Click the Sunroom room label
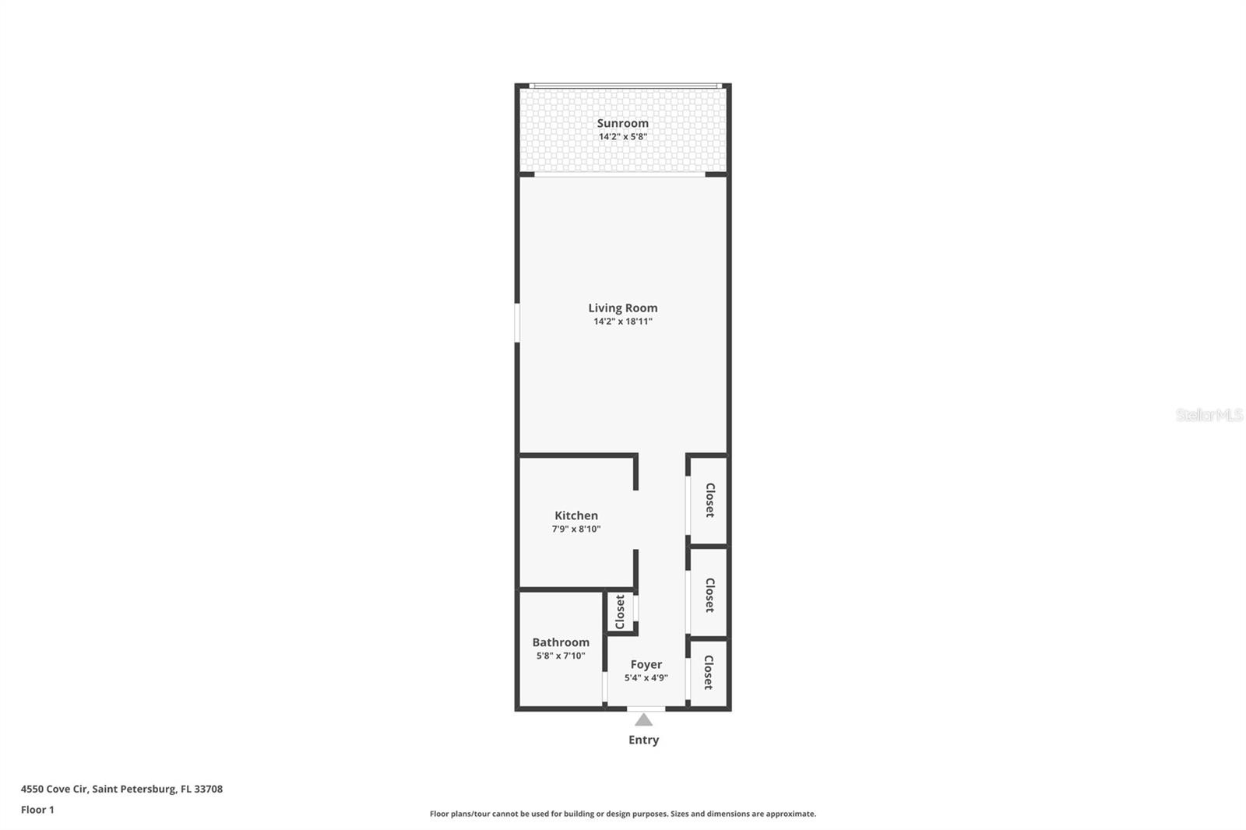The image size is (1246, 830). (x=622, y=123)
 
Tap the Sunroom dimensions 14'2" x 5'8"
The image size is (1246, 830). (x=622, y=137)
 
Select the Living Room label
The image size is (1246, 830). (x=622, y=308)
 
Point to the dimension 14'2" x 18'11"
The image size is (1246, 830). (x=622, y=322)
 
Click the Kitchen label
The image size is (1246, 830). (x=576, y=515)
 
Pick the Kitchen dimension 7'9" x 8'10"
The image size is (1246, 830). (x=576, y=529)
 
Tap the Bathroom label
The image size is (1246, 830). (x=561, y=642)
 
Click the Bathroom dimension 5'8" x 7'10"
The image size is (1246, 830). (x=561, y=656)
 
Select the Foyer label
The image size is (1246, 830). (x=646, y=664)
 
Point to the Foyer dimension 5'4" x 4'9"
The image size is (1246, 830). (x=646, y=678)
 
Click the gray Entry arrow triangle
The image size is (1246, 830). (x=643, y=720)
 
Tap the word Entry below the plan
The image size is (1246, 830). (x=643, y=740)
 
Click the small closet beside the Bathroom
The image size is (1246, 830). (x=621, y=612)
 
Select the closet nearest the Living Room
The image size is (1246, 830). (x=709, y=500)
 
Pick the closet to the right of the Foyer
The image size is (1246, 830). (x=709, y=672)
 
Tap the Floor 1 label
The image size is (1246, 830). (x=37, y=810)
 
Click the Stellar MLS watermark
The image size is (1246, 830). (x=1209, y=415)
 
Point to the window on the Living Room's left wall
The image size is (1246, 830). (x=516, y=322)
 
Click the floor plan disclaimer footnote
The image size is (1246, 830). (x=623, y=814)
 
